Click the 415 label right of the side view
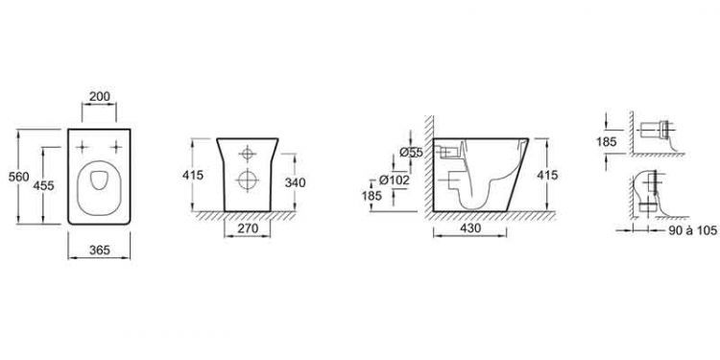click(x=548, y=175)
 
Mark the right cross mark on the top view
click(x=117, y=147)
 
